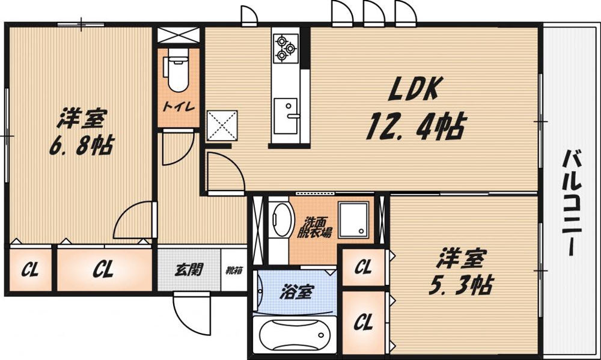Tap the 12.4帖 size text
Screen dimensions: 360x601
pyautogui.click(x=415, y=127)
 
